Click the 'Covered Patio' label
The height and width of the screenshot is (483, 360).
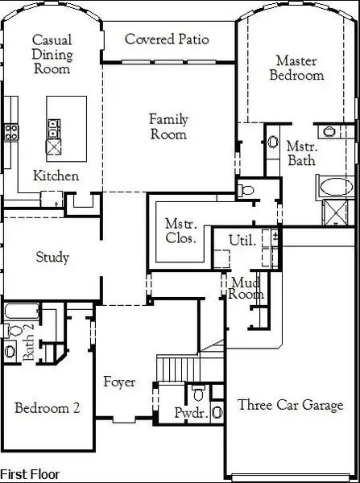(167, 39)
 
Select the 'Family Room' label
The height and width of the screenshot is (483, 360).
(168, 127)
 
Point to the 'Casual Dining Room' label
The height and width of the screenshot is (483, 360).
(51, 54)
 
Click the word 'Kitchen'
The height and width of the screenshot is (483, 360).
(56, 175)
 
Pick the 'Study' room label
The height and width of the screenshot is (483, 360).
(52, 258)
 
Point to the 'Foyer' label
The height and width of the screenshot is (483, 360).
(119, 382)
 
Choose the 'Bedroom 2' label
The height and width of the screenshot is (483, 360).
(47, 408)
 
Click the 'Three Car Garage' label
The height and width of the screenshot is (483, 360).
(290, 406)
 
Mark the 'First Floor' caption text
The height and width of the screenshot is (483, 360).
(30, 475)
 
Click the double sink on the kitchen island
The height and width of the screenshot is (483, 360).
(53, 127)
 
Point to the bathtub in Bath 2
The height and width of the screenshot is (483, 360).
(19, 312)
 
